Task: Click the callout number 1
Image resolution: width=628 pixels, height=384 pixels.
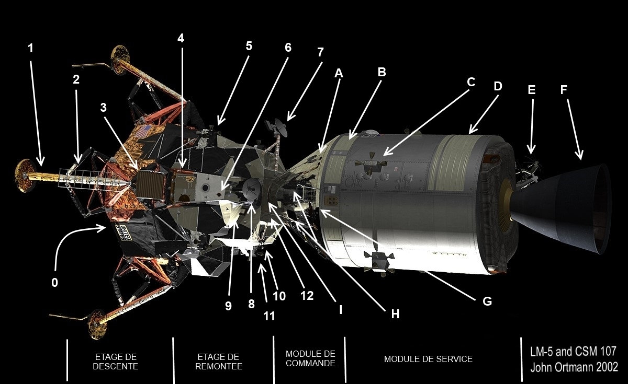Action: point(30,48)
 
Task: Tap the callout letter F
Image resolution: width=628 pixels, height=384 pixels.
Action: point(564,89)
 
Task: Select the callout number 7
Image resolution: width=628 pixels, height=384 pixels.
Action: point(320,52)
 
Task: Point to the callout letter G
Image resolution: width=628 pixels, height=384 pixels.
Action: point(487,301)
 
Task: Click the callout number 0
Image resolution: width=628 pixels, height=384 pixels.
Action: point(54,283)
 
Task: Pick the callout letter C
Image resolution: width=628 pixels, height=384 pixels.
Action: point(471,82)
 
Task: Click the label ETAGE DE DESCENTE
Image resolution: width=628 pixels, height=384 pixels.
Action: point(116,362)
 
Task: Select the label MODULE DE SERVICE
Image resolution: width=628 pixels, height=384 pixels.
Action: point(428,359)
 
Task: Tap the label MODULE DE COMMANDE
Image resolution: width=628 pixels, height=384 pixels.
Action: point(310,358)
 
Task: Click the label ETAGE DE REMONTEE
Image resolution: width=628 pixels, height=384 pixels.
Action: point(219,362)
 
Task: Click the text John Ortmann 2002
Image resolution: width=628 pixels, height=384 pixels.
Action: point(574,367)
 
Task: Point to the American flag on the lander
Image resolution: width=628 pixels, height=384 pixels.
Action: point(143,131)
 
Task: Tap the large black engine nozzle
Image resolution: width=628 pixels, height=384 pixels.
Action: point(560,208)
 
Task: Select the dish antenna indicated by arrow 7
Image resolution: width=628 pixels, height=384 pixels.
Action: point(281,127)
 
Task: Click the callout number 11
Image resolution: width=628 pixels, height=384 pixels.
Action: point(269,316)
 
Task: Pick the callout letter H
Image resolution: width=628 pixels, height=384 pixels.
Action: point(395,314)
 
